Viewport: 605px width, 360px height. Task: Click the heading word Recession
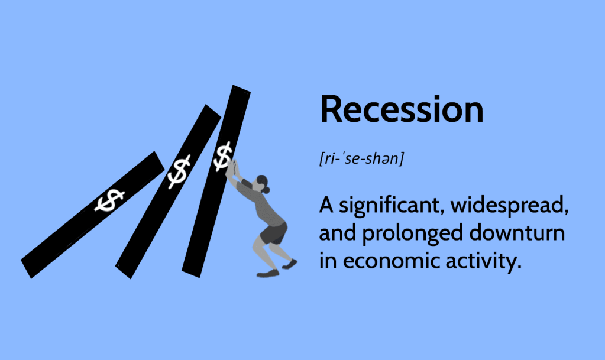pos(402,109)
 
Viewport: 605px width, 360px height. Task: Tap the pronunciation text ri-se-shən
pos(361,158)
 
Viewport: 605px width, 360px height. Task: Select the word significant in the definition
pos(389,206)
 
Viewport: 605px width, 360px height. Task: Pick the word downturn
pos(517,233)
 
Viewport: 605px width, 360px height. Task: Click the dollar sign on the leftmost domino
pos(109,200)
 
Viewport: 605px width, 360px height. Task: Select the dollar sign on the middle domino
pos(179,171)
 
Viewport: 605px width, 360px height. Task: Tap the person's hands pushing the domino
pos(232,168)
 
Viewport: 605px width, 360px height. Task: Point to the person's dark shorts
pos(273,233)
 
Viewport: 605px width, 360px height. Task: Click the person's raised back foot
pos(290,264)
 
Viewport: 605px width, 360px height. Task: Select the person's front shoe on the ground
pos(268,274)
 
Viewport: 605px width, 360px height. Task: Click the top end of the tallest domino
pos(241,89)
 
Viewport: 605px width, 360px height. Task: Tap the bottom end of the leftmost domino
pos(26,268)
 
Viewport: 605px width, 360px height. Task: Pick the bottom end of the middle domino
pos(124,272)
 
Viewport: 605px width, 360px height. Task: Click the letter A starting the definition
pos(326,205)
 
